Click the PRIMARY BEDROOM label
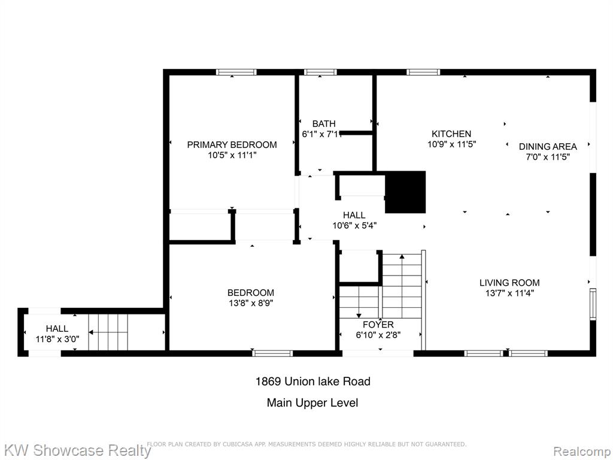(x=232, y=145)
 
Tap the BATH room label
(x=324, y=123)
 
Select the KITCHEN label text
(x=451, y=134)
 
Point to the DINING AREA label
(x=548, y=147)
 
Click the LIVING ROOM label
(x=509, y=283)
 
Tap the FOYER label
(x=378, y=325)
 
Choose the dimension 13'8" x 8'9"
(x=251, y=302)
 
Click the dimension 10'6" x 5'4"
(x=354, y=225)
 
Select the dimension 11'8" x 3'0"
(x=57, y=339)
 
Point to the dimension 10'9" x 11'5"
(x=451, y=144)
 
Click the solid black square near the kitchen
(x=405, y=192)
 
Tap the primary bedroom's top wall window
(x=236, y=72)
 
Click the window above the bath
(x=320, y=72)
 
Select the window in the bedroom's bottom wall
(x=272, y=353)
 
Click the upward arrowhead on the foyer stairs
(x=402, y=256)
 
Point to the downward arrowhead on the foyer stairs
(x=359, y=315)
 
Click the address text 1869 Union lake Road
(x=312, y=382)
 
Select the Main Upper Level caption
(x=312, y=403)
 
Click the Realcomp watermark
(x=582, y=451)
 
